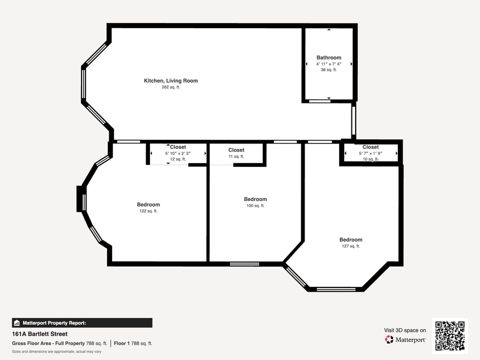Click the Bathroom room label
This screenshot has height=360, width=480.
[329, 58]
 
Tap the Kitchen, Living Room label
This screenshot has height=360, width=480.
[171, 81]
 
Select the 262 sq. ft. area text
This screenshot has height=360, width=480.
[171, 87]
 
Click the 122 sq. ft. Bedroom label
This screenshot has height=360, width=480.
[148, 204]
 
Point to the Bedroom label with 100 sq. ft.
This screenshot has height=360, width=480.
[255, 199]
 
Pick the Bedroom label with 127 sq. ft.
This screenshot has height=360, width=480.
[351, 239]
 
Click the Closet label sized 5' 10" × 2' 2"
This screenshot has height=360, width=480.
[178, 147]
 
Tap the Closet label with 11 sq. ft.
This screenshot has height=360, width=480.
[236, 150]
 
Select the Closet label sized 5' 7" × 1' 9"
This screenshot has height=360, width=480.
[371, 147]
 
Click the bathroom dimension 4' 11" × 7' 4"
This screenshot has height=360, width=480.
[329, 64]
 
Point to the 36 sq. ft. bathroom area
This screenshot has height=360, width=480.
[329, 70]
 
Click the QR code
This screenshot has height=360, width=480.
[450, 336]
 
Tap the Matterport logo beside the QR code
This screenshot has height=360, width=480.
[405, 340]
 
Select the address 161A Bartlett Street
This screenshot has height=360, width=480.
[40, 334]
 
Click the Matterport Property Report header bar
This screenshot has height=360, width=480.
[82, 323]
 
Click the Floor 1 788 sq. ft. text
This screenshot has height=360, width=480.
[133, 343]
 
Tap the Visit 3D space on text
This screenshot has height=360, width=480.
[405, 330]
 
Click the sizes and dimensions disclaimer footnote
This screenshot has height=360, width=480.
[57, 352]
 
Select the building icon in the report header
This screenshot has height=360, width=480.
[17, 323]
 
